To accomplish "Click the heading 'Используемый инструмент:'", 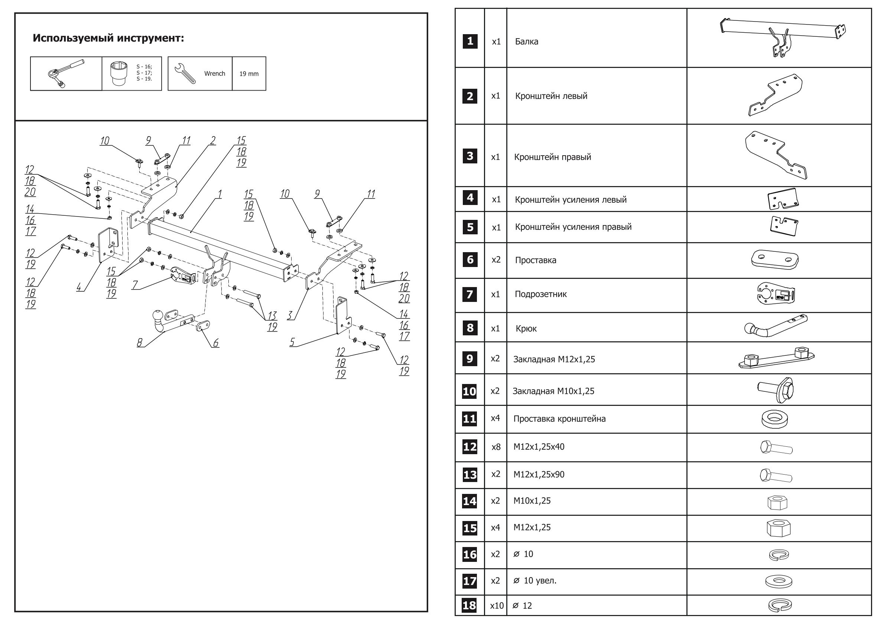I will (x=108, y=38).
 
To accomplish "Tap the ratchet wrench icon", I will (x=65, y=74).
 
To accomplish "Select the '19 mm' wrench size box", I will (x=249, y=74).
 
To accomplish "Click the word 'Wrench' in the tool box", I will (x=214, y=74).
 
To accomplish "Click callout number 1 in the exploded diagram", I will (x=220, y=194).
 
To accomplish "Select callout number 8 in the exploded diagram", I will (x=139, y=342).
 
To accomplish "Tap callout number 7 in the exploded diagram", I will (x=135, y=285).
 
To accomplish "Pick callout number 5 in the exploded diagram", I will (x=292, y=341).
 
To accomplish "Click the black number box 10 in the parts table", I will (x=469, y=391).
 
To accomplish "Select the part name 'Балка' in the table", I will (x=526, y=42).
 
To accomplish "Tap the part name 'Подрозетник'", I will (x=540, y=294).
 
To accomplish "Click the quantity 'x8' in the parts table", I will (x=496, y=447).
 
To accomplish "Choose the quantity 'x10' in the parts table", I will (x=496, y=606).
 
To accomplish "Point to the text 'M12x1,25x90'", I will (x=539, y=475).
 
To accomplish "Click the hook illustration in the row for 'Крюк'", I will (x=776, y=326).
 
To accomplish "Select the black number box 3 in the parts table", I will (x=470, y=156).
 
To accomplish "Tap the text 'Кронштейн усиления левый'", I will (x=571, y=200).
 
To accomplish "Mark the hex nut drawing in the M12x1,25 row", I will (x=778, y=528).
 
